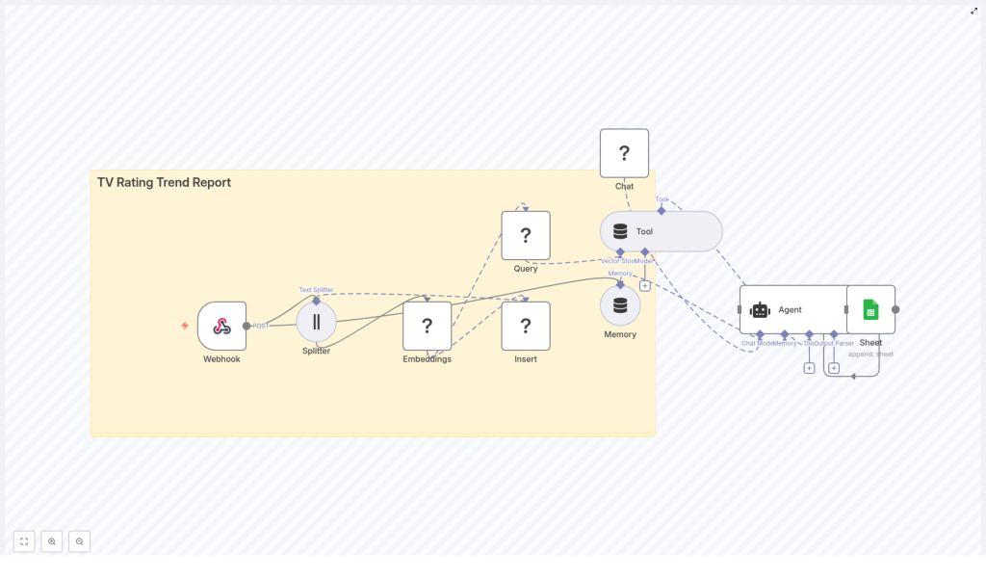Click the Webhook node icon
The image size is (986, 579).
(221, 326)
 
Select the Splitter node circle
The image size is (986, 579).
(316, 322)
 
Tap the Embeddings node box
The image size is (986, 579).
(427, 326)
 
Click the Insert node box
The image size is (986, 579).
(526, 326)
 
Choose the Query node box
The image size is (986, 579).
(526, 235)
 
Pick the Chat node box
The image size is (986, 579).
(624, 153)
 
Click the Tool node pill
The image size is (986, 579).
(661, 231)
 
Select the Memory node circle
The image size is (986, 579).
(620, 305)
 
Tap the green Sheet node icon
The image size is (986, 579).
(870, 309)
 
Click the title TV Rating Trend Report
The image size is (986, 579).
(164, 182)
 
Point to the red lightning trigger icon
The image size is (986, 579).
(185, 326)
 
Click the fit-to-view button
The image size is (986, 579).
(24, 541)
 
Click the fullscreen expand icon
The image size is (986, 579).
(973, 11)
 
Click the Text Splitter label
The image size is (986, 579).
(316, 289)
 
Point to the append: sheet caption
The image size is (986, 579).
(870, 354)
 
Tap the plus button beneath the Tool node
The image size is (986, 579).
(645, 285)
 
